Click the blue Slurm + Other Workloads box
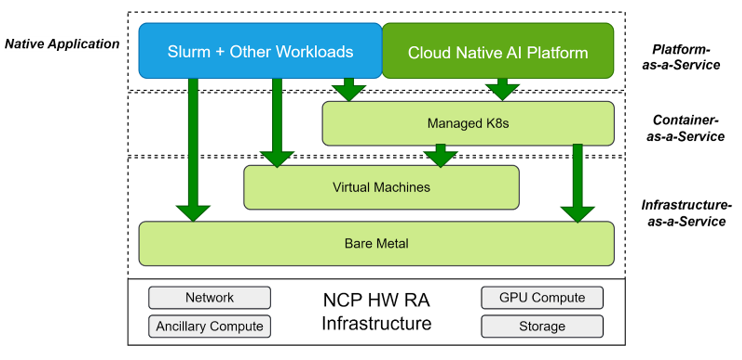259,50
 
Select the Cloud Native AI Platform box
498,51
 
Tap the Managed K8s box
467,123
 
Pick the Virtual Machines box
381,187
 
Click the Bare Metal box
375,243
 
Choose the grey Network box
209,297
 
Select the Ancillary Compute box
209,326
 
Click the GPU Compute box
541,297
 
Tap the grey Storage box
541,326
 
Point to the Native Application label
62,44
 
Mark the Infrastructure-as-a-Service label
683,212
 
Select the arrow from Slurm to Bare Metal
193,150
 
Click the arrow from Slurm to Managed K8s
349,89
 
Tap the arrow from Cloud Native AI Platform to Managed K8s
501,89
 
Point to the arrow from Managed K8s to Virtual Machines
440,155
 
